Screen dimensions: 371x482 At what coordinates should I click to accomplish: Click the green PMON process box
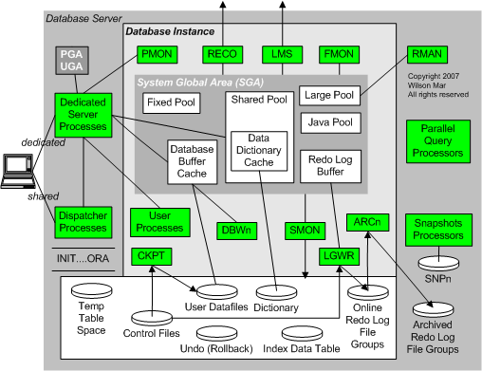pos(155,55)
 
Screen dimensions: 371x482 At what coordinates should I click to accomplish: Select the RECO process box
pos(222,55)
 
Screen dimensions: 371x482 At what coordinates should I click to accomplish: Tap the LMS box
pos(282,55)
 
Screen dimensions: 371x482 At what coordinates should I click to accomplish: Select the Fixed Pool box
pos(172,101)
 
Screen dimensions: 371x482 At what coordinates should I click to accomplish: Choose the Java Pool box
pos(329,122)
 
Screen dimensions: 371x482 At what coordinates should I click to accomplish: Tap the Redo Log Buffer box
pos(329,167)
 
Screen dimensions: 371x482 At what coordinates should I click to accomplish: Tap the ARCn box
pos(365,222)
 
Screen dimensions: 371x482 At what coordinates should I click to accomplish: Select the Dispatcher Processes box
pos(82,222)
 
